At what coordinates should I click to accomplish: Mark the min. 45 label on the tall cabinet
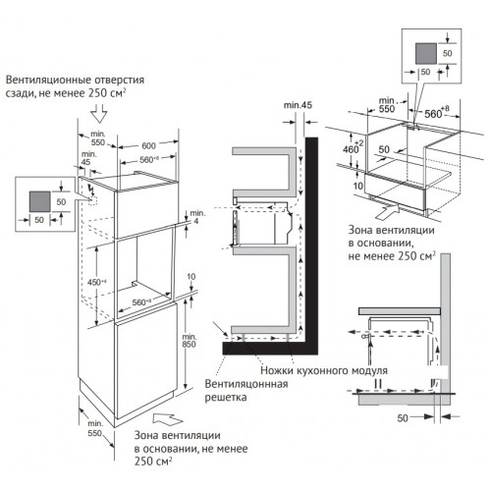(x=89, y=160)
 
